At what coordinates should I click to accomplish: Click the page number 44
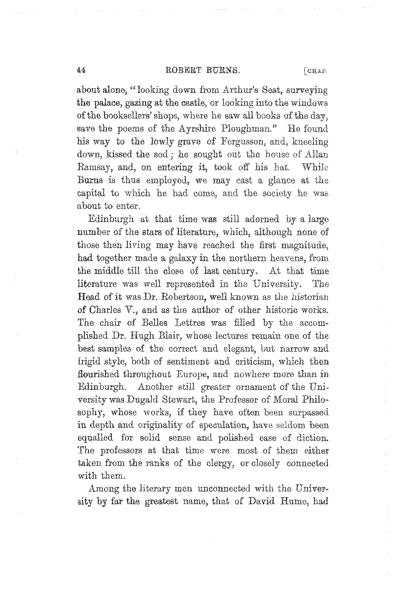point(81,70)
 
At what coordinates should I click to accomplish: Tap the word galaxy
point(183,258)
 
